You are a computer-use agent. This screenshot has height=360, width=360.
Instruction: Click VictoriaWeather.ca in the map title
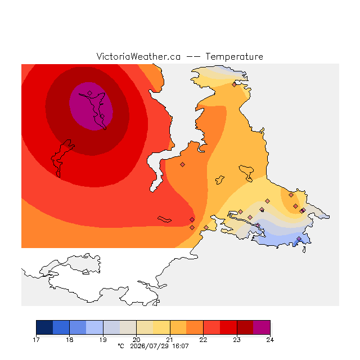tap(138, 56)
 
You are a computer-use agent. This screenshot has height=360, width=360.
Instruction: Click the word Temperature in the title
tap(234, 56)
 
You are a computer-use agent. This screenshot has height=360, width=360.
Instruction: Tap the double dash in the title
tap(193, 57)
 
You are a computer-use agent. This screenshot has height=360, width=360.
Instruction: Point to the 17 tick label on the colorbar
tap(36, 340)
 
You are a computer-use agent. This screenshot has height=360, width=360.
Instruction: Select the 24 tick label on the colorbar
tap(270, 340)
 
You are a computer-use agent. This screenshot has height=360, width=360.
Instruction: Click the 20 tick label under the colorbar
tap(136, 340)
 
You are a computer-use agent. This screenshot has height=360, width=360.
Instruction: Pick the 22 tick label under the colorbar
tap(203, 340)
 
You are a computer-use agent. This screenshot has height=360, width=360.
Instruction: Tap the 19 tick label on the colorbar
tap(103, 340)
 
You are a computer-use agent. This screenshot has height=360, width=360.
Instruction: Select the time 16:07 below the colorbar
tap(181, 346)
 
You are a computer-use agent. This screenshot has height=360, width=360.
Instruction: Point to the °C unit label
tap(121, 346)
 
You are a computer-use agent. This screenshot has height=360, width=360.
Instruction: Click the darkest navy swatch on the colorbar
tap(44, 327)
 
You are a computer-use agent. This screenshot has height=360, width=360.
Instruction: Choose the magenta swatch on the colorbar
tap(262, 327)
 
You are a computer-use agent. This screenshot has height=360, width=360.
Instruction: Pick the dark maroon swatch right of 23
tap(245, 327)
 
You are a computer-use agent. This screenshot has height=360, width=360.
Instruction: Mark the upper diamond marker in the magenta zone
tap(90, 93)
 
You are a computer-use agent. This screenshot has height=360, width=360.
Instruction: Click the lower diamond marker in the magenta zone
tap(102, 116)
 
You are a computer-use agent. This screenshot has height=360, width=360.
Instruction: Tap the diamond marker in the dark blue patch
tap(299, 238)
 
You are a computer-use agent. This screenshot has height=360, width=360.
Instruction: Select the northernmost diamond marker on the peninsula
tap(234, 85)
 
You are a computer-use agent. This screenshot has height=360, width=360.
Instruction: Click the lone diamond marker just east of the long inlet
tap(182, 164)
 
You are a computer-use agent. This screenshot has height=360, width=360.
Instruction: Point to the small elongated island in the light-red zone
tap(164, 219)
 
